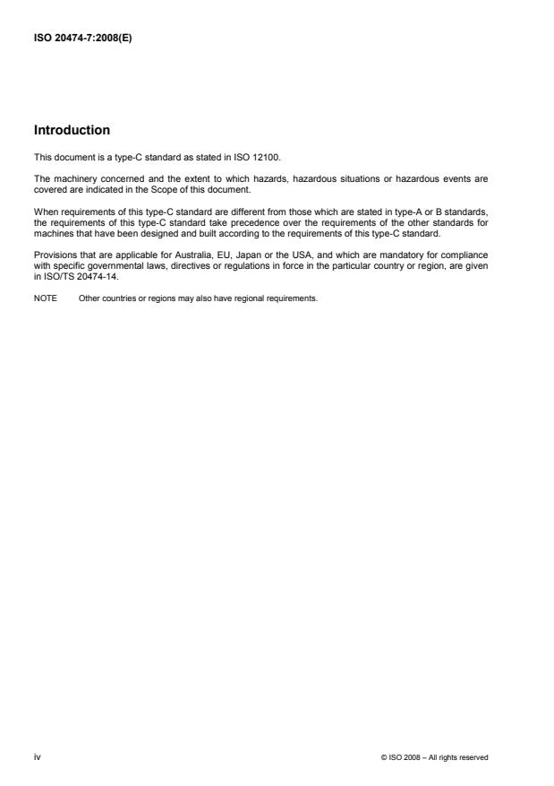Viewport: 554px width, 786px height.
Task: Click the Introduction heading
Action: pos(72,131)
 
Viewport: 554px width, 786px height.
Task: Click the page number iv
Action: pos(37,757)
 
